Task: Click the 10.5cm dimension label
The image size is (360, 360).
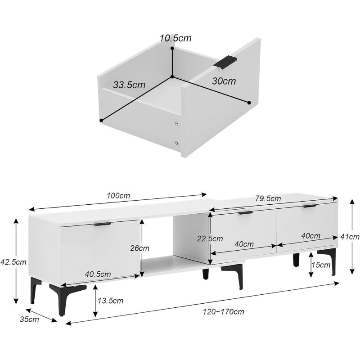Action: click(x=175, y=38)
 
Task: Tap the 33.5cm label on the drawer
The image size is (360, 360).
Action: click(x=129, y=85)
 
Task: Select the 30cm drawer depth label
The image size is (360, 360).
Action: click(x=224, y=81)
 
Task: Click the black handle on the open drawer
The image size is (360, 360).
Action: click(x=225, y=62)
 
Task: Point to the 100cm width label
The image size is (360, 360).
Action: click(x=118, y=196)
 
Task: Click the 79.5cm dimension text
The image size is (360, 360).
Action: click(x=268, y=198)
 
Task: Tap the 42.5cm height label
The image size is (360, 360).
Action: click(x=13, y=262)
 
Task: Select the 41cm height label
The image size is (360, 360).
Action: click(x=350, y=237)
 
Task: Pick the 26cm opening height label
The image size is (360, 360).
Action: click(x=139, y=248)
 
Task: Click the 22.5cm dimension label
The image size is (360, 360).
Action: click(x=210, y=238)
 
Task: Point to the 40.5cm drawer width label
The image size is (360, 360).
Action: click(x=98, y=274)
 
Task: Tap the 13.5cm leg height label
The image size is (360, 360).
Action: click(x=110, y=301)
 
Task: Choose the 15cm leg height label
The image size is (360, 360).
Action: click(x=321, y=265)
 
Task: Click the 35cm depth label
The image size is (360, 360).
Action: click(x=29, y=319)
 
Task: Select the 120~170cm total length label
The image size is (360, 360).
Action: click(x=223, y=311)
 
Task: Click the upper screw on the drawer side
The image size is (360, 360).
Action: click(x=176, y=123)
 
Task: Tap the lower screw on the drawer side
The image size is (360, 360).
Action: click(x=176, y=143)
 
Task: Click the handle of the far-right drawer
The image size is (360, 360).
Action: click(x=310, y=207)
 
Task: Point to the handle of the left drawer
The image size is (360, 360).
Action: click(x=103, y=224)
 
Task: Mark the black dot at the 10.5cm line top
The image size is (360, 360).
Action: click(x=172, y=48)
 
